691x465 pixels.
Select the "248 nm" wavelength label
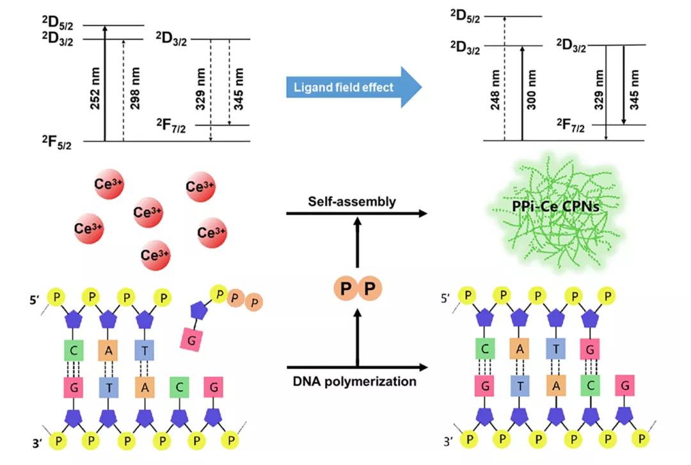click(494, 91)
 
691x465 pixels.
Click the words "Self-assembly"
click(351, 202)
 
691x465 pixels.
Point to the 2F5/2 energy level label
click(57, 141)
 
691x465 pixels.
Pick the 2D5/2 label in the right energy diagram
click(465, 17)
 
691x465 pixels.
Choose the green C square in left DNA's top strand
click(74, 349)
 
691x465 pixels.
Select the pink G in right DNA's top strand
click(589, 349)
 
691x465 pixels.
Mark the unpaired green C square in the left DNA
click(180, 386)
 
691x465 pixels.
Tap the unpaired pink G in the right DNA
click(624, 386)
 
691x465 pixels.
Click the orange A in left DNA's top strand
click(109, 349)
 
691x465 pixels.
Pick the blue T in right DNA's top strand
click(554, 349)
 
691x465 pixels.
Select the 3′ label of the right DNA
click(449, 440)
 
